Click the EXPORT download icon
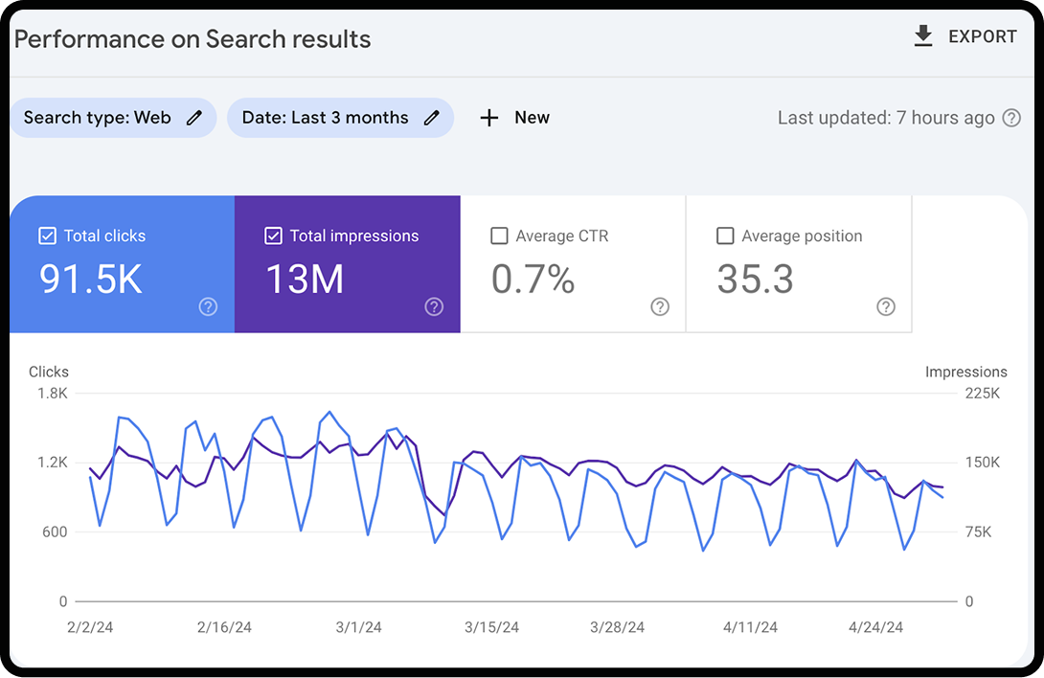tap(923, 36)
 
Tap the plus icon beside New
tap(489, 118)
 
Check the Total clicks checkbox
tap(47, 236)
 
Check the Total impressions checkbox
tap(273, 236)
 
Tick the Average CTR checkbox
tap(499, 236)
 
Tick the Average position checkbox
tap(725, 236)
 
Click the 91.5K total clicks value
tap(91, 279)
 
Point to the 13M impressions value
tap(305, 279)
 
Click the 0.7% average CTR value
tap(533, 279)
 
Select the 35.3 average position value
tap(756, 279)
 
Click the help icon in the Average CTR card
tap(660, 306)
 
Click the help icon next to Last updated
tap(1011, 118)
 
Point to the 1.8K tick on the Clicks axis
tap(52, 393)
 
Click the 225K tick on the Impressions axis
tap(982, 393)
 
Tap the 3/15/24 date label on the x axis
tap(491, 627)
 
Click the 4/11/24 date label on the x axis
tap(750, 627)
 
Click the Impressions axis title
tap(965, 372)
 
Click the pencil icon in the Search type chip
tap(194, 118)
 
